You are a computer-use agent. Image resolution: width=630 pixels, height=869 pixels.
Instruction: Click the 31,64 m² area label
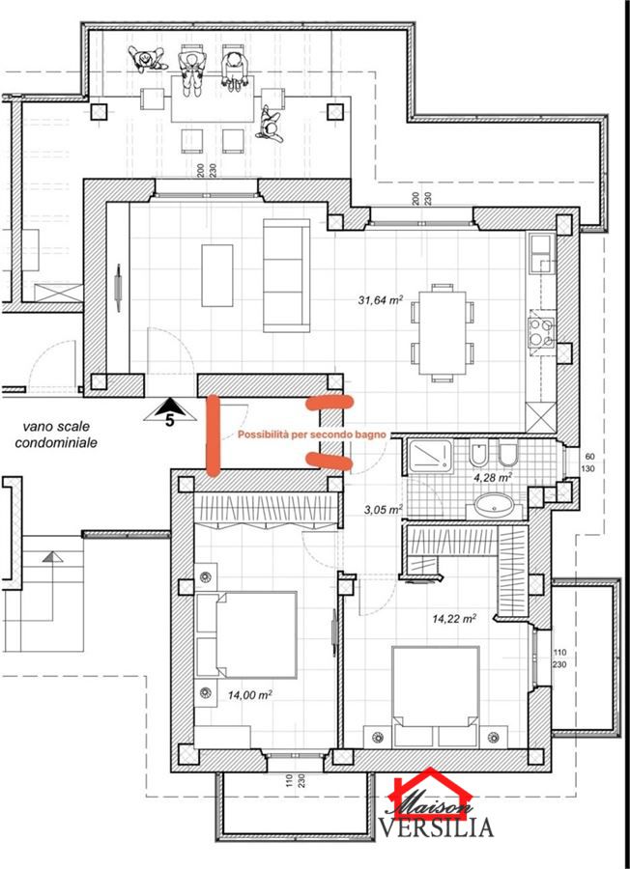point(381,300)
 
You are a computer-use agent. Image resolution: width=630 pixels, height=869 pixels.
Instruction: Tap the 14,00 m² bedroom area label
point(249,694)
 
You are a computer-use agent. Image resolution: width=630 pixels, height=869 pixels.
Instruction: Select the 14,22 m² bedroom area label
point(454,619)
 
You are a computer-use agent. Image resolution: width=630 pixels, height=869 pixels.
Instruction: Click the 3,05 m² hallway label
point(384,509)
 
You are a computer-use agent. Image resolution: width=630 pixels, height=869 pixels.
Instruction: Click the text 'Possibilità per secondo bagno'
point(312,435)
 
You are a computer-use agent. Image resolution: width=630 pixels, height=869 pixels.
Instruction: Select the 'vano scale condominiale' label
point(56,434)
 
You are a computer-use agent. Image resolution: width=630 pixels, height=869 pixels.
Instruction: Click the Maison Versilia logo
point(436,803)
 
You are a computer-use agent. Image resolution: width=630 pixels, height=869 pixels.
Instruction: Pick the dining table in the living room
point(442,332)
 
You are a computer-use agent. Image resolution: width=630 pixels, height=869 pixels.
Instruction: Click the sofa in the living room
point(286,275)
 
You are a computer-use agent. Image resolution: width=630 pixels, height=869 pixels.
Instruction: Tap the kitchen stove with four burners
point(541,332)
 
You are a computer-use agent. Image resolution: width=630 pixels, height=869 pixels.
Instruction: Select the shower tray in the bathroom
point(430,456)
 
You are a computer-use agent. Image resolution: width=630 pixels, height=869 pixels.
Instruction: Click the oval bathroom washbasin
point(493,505)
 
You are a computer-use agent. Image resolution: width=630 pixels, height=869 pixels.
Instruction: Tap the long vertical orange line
point(213,435)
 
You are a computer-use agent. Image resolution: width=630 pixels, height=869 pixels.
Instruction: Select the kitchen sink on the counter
point(541,254)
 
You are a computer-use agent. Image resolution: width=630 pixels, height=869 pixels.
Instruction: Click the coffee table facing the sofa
point(216,275)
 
